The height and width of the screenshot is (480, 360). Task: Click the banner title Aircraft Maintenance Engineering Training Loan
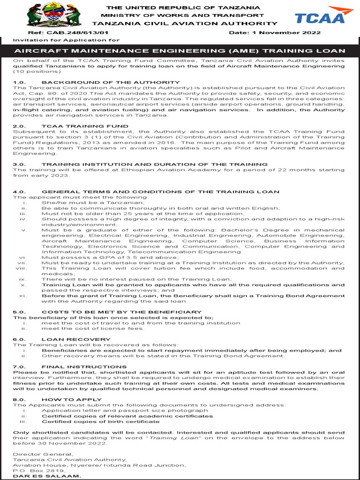pos(180,51)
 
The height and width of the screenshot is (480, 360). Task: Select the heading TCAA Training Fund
pos(85,126)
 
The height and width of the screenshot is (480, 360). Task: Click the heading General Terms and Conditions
pos(160,192)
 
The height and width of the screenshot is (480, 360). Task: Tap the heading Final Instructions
pos(84,367)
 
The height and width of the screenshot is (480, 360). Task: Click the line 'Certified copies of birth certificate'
pos(100,421)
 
